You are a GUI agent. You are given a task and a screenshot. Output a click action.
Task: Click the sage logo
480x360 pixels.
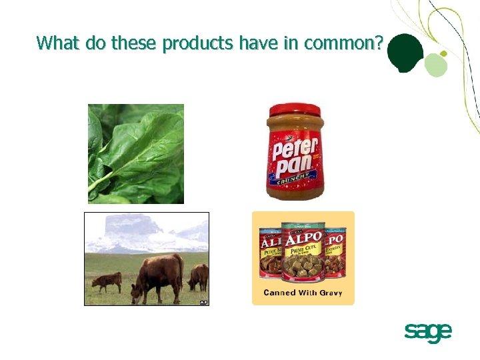pyautogui.click(x=427, y=331)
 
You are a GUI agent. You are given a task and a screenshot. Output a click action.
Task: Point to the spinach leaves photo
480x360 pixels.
pyautogui.click(x=136, y=153)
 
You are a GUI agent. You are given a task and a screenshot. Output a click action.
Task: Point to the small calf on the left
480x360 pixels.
pyautogui.click(x=107, y=281)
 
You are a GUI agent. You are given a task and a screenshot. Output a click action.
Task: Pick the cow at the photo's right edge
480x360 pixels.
pyautogui.click(x=199, y=276)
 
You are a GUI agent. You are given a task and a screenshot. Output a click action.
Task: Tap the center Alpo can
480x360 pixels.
pyautogui.click(x=303, y=253)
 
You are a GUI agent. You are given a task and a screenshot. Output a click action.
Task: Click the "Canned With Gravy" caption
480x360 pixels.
pyautogui.click(x=303, y=293)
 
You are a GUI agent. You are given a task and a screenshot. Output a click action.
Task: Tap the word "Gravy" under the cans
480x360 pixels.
pyautogui.click(x=329, y=293)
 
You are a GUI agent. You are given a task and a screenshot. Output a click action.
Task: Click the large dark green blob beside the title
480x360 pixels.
pyautogui.click(x=405, y=53)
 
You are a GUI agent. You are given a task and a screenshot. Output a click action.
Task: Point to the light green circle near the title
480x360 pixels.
pyautogui.click(x=435, y=65)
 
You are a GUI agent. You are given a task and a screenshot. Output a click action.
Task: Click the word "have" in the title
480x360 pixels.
pyautogui.click(x=253, y=44)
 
